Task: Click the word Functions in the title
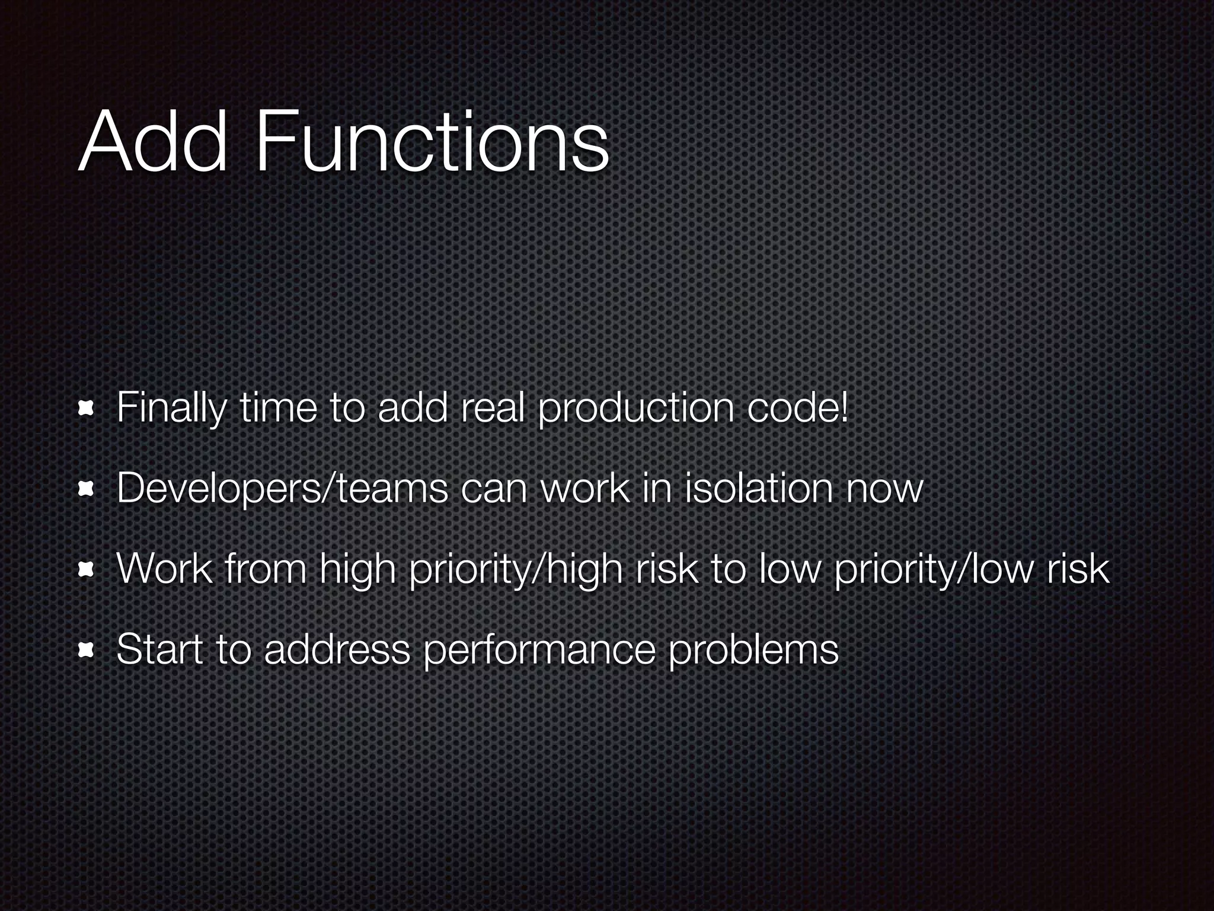(x=432, y=144)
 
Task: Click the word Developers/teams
(x=282, y=489)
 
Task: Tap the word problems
(x=753, y=650)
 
